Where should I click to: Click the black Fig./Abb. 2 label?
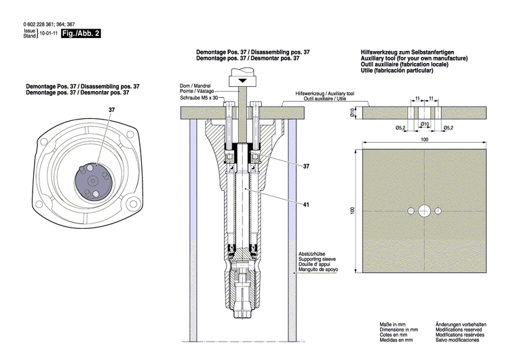[x=81, y=33]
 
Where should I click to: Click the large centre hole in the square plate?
[x=424, y=209]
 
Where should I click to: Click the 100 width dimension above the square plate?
[x=424, y=139]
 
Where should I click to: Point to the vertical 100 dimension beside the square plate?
[x=353, y=210]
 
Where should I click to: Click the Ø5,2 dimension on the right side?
[x=448, y=127]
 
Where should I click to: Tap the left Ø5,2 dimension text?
[x=400, y=127]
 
